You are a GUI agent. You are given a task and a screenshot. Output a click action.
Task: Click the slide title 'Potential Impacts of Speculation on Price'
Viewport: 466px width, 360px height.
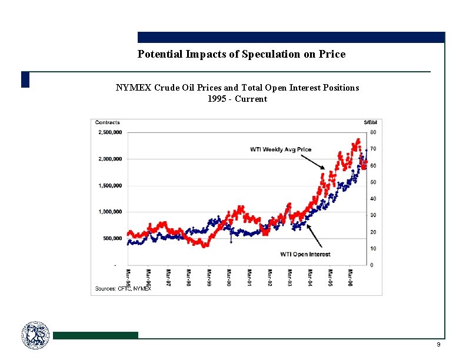click(241, 54)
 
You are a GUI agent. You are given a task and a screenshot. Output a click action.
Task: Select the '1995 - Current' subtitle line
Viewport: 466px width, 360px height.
click(237, 99)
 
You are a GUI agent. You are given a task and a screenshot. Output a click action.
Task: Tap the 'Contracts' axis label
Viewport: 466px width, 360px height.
click(107, 123)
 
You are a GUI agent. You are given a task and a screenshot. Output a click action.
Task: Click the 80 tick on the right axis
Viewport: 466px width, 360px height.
click(373, 132)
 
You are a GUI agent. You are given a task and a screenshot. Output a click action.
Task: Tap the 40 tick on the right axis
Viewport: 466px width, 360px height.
click(373, 199)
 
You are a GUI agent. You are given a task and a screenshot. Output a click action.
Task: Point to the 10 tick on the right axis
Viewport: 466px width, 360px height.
click(373, 248)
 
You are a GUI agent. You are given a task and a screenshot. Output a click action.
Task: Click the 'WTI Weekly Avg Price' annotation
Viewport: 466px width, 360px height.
click(281, 149)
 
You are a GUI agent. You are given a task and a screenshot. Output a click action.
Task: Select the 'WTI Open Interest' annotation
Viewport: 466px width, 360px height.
click(305, 254)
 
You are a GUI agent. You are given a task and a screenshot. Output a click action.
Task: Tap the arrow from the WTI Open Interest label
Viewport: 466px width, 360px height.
click(314, 238)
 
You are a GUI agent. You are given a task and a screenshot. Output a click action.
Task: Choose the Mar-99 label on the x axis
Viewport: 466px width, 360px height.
click(209, 278)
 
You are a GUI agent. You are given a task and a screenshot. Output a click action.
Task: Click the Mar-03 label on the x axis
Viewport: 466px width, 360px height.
click(289, 278)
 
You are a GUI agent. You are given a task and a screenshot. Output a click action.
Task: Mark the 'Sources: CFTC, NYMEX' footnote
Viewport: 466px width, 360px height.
click(123, 289)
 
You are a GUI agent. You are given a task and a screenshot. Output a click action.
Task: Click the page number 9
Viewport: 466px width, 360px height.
click(438, 344)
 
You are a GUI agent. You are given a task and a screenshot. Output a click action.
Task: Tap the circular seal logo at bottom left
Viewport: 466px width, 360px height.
click(36, 335)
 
